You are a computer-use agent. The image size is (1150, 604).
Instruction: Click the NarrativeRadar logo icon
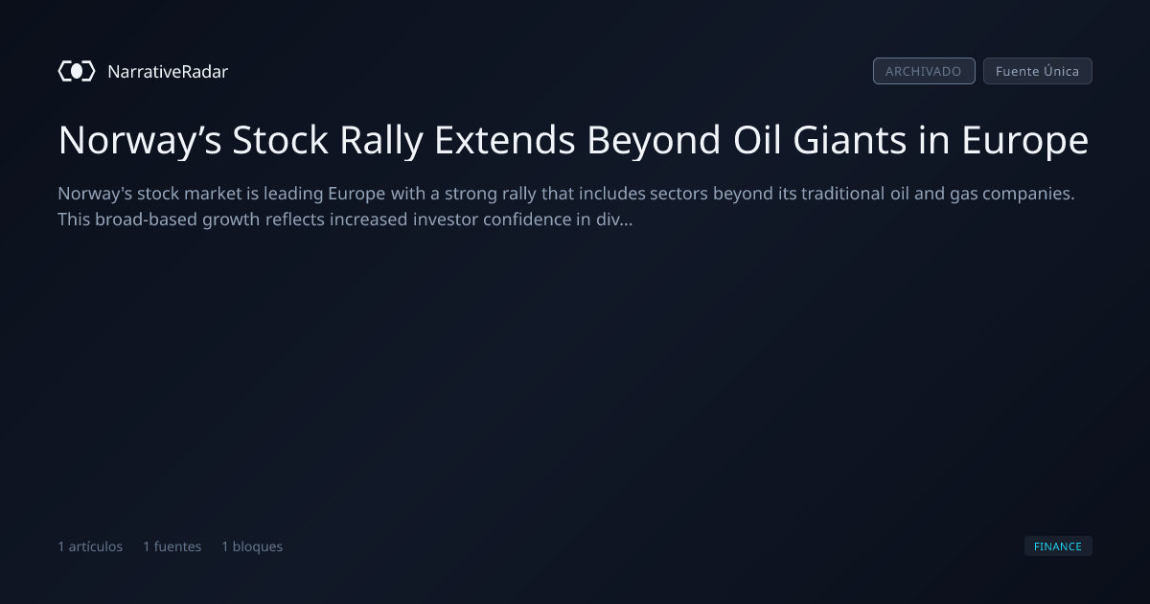coord(77,71)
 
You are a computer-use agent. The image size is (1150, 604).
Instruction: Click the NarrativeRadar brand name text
coord(168,71)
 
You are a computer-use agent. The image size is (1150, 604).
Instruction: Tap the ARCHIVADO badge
coord(924,71)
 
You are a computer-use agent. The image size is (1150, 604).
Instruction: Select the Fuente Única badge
coord(1038,71)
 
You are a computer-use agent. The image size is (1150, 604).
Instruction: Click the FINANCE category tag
coord(1058,546)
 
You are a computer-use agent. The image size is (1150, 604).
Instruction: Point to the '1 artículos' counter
coord(90,546)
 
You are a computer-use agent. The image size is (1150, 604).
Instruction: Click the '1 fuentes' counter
coord(172,546)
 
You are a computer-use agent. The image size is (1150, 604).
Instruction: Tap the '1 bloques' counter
coord(252,546)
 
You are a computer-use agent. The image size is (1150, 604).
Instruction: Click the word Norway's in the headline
coord(140,140)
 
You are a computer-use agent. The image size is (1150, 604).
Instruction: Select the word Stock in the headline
coord(280,139)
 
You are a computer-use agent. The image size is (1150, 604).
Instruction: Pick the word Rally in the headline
coord(381,140)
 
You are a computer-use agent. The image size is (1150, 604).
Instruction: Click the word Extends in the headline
coord(505,139)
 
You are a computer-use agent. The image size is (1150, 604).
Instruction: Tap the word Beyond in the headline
coord(654,140)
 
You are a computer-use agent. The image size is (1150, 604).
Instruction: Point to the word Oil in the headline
coord(757,139)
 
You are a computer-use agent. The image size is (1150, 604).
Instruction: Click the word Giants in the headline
coord(850,139)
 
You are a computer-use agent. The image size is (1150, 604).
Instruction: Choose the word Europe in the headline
coord(1025,140)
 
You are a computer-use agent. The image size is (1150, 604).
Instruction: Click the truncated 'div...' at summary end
coord(614,220)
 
